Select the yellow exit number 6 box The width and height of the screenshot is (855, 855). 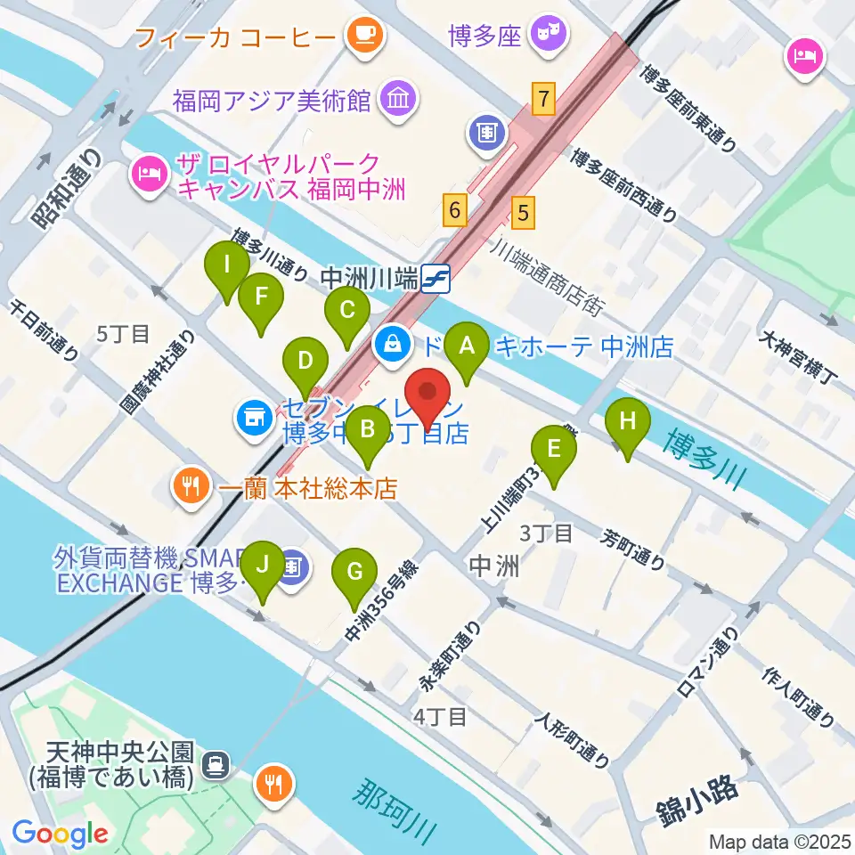455,211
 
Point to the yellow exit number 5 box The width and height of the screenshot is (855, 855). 524,211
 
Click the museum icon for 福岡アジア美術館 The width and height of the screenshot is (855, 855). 396,97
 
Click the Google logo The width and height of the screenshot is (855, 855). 61,833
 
